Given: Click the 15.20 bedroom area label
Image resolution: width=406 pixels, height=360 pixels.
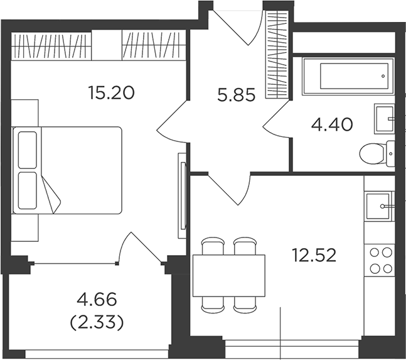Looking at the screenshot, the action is pos(111,93).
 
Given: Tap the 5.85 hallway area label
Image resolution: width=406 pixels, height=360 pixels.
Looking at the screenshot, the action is pos(237,95).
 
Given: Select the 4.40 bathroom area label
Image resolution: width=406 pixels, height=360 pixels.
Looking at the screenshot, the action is pos(332,124).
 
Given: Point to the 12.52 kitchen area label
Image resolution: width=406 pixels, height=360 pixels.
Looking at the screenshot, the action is pos(314,255).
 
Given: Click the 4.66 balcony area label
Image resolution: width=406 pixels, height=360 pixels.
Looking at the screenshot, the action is pos(97,299).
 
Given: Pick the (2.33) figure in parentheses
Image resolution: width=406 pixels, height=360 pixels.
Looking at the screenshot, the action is pos(97,323).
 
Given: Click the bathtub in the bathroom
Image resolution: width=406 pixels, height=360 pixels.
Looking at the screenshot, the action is pos(348,76).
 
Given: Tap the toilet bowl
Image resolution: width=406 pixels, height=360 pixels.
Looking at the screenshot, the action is pos(377,153).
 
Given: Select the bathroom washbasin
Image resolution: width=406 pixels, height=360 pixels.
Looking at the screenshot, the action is pos(385,119).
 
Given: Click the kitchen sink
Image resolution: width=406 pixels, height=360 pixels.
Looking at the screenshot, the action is pos(379,206).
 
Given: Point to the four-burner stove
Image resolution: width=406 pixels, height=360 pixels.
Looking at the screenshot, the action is pos(380,261).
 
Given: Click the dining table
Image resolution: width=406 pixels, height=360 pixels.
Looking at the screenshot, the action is pos(229,276).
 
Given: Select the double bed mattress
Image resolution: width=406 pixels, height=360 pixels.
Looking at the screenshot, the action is pos(67,170).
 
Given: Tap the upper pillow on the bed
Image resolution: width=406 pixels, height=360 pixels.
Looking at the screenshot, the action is pos(28,150).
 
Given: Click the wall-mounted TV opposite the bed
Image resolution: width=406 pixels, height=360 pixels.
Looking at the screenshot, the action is pos(183,195).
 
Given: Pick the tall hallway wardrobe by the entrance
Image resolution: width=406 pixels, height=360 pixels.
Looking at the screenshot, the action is pos(277,55).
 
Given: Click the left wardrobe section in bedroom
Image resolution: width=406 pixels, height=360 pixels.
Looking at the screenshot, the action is pos(51,46).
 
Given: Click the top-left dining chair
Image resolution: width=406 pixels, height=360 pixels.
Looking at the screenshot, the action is pos(213,246).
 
